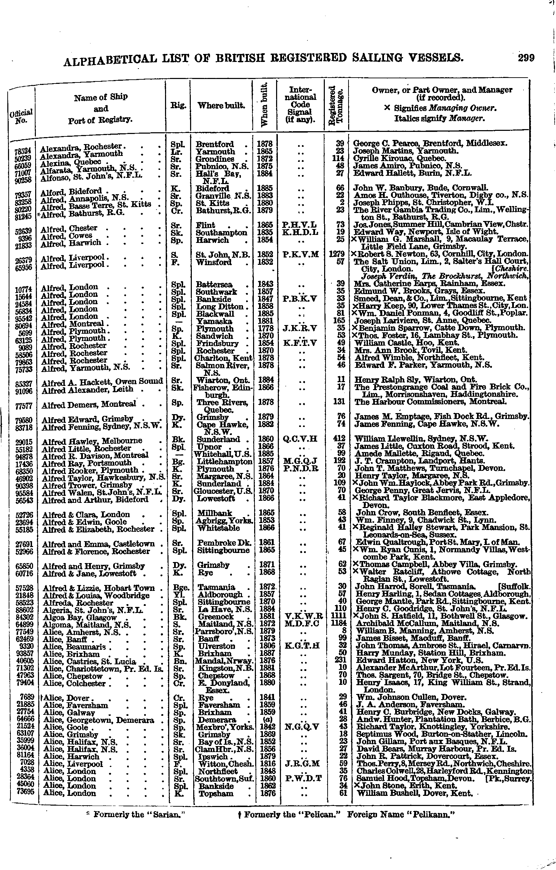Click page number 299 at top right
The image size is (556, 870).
point(526,58)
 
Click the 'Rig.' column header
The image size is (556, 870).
point(178,105)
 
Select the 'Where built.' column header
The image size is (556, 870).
point(221,105)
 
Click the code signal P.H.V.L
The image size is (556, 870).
point(300,225)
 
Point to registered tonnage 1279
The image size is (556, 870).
point(337,254)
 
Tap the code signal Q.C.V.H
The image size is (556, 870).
point(300,439)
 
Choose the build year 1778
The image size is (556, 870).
point(265,328)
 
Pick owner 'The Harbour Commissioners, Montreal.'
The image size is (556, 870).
point(431,401)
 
